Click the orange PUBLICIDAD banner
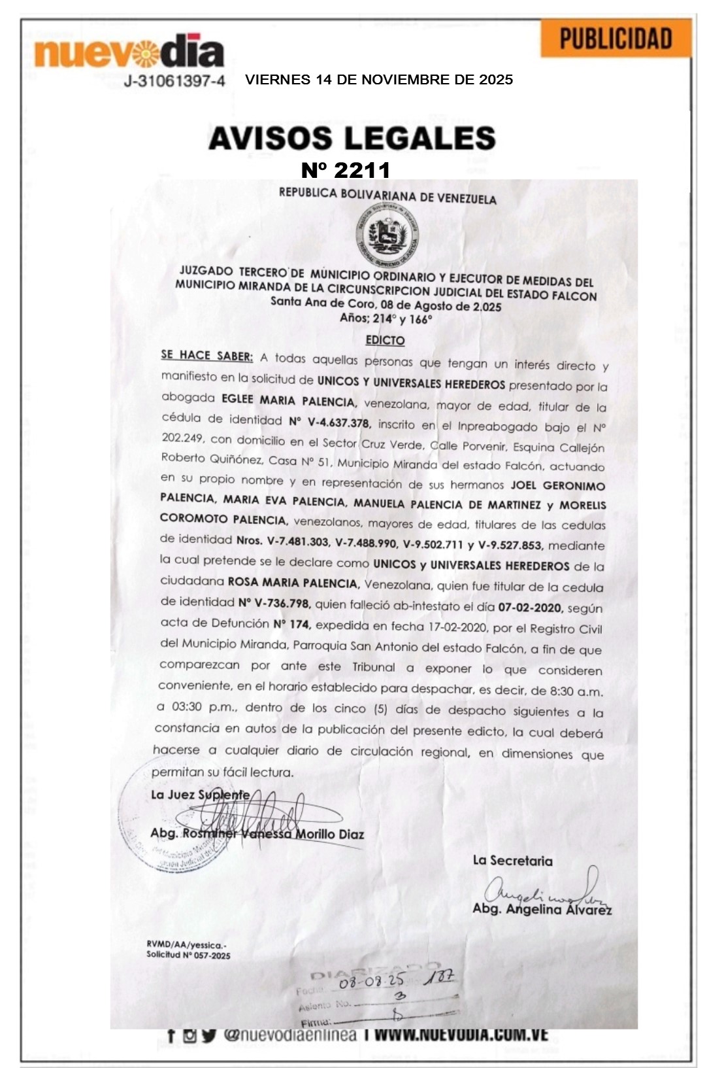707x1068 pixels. point(616,39)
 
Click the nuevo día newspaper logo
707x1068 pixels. point(129,52)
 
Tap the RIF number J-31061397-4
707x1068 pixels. point(174,81)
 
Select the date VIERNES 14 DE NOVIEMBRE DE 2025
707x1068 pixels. point(379,80)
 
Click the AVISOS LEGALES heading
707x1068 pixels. point(352,139)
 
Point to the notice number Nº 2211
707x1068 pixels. point(346,170)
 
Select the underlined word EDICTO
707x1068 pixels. point(385,340)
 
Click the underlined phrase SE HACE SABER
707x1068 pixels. point(206,356)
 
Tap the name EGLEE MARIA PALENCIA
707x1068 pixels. point(288,400)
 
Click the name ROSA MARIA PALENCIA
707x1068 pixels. point(293,582)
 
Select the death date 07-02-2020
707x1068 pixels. point(530,607)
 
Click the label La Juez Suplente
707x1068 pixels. point(200,795)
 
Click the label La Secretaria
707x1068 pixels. point(512,861)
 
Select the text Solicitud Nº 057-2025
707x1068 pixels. point(188,955)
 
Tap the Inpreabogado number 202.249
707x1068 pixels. point(182,438)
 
